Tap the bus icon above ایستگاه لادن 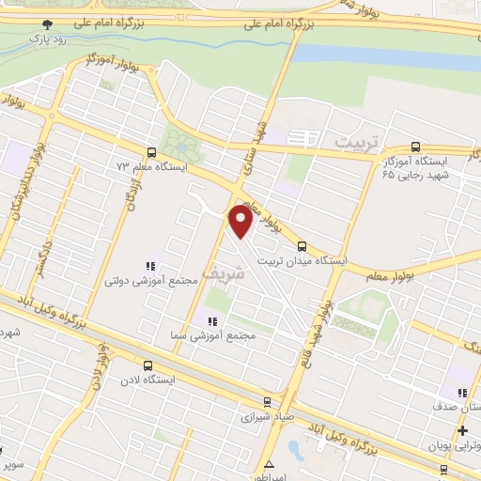point(147,366)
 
